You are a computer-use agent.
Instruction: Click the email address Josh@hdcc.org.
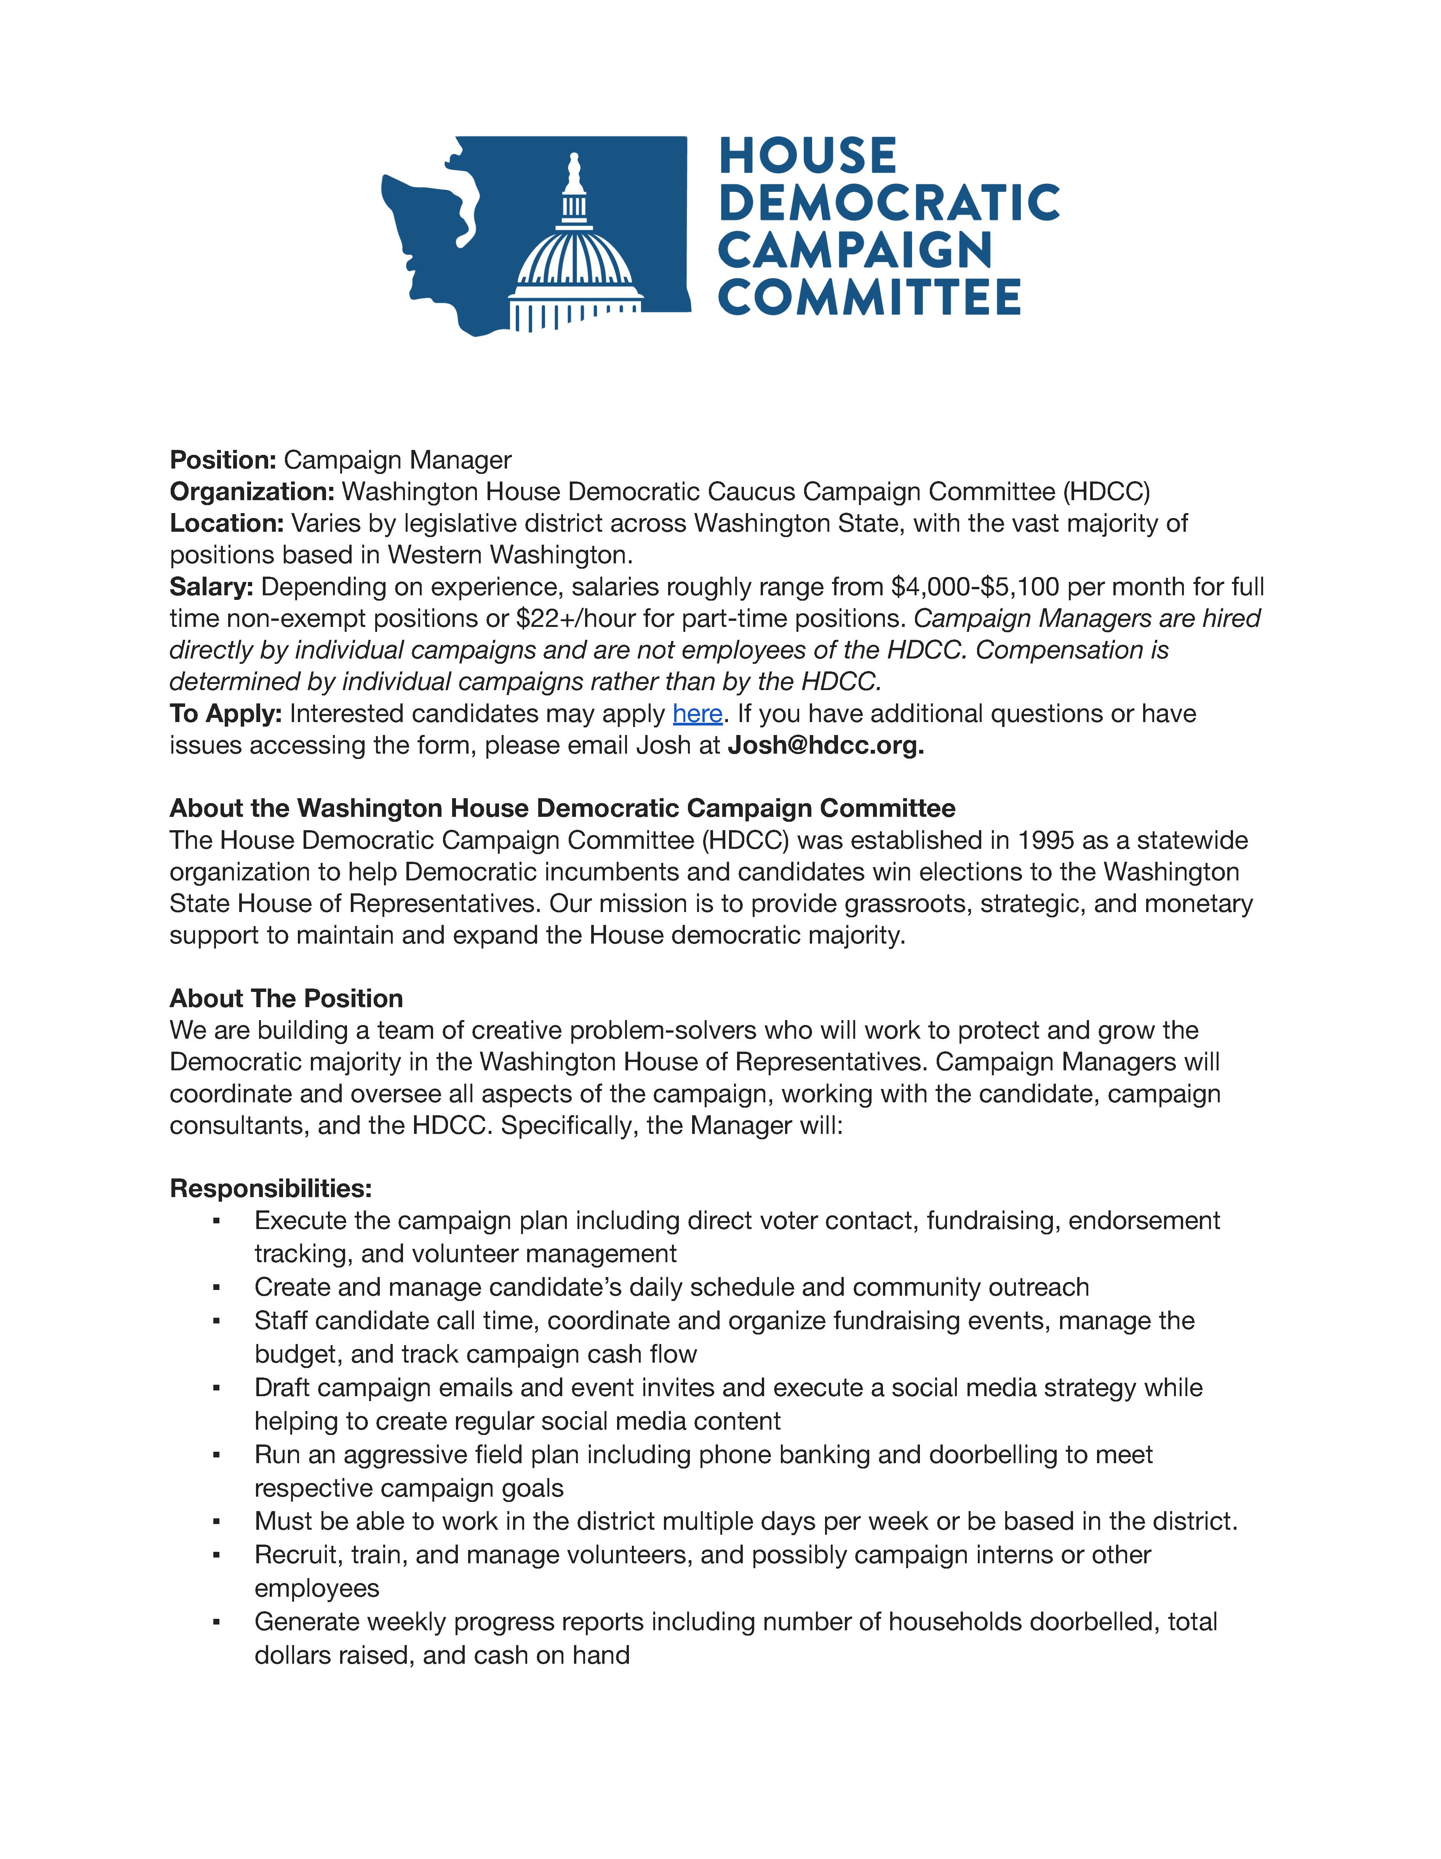[x=825, y=746]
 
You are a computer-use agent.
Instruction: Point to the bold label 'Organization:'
[x=252, y=492]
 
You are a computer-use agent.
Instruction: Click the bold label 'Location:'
[x=227, y=523]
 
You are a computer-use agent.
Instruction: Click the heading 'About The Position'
[x=286, y=998]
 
